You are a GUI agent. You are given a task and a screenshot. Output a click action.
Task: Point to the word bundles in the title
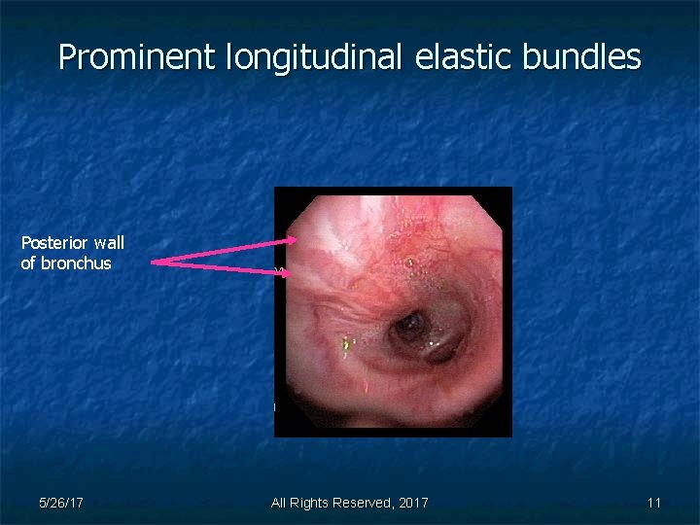pyautogui.click(x=581, y=57)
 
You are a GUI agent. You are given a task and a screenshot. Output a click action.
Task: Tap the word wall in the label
pyautogui.click(x=108, y=243)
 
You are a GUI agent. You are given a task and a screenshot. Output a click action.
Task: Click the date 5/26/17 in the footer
pyautogui.click(x=60, y=503)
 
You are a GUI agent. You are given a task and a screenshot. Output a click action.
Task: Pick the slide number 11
pyautogui.click(x=654, y=503)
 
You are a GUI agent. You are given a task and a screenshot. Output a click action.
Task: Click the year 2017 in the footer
pyautogui.click(x=412, y=503)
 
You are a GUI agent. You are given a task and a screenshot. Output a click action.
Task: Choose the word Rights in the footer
pyautogui.click(x=310, y=503)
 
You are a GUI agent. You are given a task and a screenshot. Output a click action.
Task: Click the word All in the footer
pyautogui.click(x=280, y=503)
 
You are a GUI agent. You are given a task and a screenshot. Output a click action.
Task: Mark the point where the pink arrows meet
pyautogui.click(x=154, y=261)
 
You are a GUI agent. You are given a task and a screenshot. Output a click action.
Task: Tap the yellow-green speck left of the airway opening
pyautogui.click(x=347, y=342)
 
